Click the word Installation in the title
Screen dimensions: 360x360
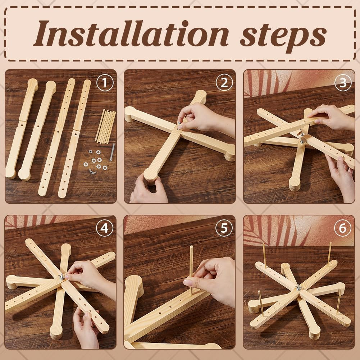(131, 33)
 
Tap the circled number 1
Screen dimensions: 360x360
(105, 83)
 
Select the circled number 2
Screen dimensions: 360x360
(224, 83)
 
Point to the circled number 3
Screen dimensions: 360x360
(343, 83)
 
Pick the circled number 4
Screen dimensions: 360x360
(104, 228)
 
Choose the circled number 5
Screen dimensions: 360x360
(224, 228)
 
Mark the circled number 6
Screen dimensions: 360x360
(343, 228)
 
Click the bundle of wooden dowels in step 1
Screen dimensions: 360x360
(105, 126)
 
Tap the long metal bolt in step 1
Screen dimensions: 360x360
(112, 152)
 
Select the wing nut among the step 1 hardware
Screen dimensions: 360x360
(92, 171)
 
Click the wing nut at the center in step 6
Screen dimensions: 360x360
(299, 287)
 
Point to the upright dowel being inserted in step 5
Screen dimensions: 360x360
(191, 269)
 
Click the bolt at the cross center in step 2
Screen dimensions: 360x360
(179, 125)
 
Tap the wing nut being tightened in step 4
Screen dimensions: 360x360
(62, 277)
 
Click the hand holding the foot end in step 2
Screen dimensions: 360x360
(149, 189)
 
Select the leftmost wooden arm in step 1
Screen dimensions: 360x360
(21, 129)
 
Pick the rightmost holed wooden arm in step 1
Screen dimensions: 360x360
(74, 138)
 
